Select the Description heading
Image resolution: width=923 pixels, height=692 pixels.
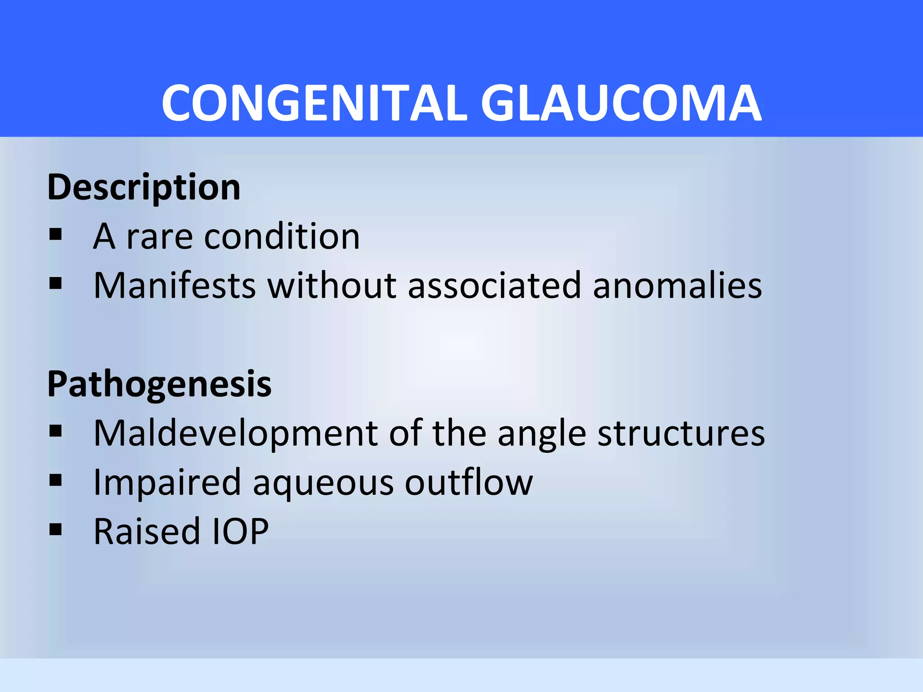pyautogui.click(x=144, y=187)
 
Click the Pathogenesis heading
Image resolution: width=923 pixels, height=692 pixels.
pyautogui.click(x=159, y=384)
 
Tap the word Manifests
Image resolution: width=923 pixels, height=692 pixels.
pyautogui.click(x=175, y=286)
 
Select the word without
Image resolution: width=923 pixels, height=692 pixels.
pyautogui.click(x=332, y=286)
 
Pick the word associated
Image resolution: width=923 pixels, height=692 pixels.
pyautogui.click(x=494, y=286)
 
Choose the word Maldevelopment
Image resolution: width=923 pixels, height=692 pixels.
pyautogui.click(x=235, y=434)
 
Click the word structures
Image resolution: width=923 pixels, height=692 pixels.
pyautogui.click(x=681, y=433)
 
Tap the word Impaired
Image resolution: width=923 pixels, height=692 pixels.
pyautogui.click(x=167, y=483)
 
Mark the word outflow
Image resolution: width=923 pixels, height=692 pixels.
pyautogui.click(x=469, y=482)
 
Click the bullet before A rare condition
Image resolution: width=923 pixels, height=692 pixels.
pyautogui.click(x=55, y=234)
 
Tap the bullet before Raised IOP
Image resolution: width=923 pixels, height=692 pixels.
pyautogui.click(x=55, y=529)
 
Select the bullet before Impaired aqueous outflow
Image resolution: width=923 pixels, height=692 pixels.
pyautogui.click(x=55, y=480)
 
